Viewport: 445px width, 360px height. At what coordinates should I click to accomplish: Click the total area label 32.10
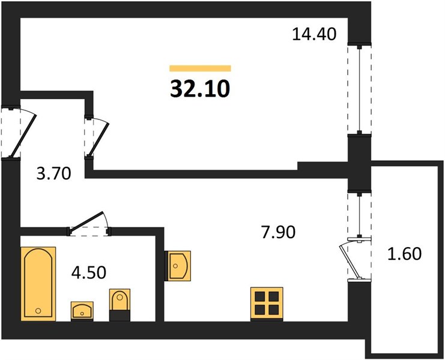(x=200, y=88)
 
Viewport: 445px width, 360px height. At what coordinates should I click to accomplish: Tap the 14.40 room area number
(x=314, y=34)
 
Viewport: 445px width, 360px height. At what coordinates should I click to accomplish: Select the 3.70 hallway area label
(x=53, y=173)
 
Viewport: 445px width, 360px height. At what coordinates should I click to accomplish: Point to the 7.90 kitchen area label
(x=279, y=232)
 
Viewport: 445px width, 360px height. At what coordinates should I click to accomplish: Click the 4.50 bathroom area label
(x=89, y=272)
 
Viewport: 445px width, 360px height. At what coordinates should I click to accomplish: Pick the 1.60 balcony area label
(x=404, y=253)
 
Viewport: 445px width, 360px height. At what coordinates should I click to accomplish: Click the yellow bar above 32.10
(x=200, y=68)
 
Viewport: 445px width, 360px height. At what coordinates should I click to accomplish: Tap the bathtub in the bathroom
(x=38, y=284)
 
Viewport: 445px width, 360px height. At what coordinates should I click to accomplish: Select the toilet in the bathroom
(x=120, y=305)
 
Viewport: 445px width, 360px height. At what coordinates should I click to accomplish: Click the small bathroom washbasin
(x=82, y=311)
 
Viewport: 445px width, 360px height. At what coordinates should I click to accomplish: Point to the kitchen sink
(x=178, y=266)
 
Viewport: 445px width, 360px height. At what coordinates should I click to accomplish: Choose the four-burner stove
(x=267, y=304)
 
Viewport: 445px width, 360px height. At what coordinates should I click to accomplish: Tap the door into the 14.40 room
(x=97, y=137)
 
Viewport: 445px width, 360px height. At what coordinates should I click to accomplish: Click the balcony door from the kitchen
(x=356, y=259)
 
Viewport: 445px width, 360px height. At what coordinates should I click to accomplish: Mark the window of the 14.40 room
(x=359, y=89)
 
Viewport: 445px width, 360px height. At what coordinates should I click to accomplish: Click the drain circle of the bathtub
(x=38, y=311)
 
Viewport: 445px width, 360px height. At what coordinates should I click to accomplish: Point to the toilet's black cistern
(x=120, y=316)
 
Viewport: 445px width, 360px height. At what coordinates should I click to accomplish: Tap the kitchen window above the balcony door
(x=359, y=214)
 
